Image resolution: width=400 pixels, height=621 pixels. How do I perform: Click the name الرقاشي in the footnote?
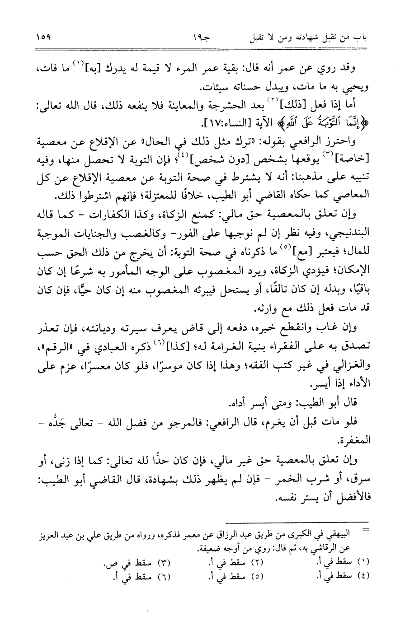coord(350,549)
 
